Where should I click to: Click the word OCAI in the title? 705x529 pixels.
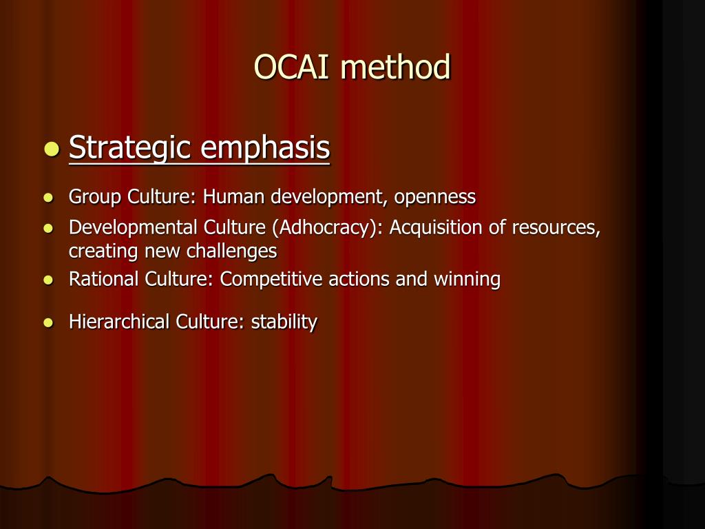[293, 68]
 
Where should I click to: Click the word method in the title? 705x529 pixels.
[396, 68]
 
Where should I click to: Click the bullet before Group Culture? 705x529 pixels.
[48, 198]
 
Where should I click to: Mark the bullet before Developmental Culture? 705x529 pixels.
[48, 228]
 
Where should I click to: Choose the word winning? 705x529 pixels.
[467, 280]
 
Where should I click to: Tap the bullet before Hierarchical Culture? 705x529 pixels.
[48, 322]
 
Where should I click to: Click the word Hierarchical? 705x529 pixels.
[119, 322]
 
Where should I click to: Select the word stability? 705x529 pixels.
[284, 322]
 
